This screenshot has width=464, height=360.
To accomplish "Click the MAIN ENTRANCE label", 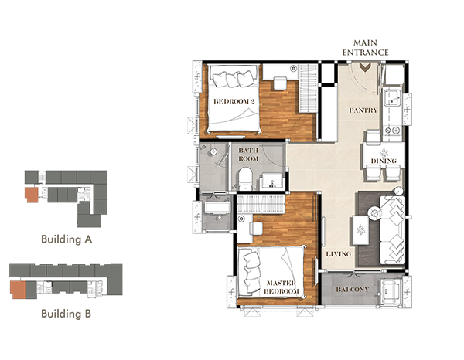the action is point(366,48).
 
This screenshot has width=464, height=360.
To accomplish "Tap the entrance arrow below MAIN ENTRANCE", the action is point(366,68).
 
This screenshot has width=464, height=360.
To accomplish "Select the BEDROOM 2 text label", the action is point(234,101).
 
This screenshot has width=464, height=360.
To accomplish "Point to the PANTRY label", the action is point(363,110).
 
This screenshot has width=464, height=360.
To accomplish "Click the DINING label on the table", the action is point(384,161).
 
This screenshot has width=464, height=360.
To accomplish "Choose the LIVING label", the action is point(339,254).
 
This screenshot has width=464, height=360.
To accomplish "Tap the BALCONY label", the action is point(352,290).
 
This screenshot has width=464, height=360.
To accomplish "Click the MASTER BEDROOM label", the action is point(281,287).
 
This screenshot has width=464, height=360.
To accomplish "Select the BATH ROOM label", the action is point(248,155).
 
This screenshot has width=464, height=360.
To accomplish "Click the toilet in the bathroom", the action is point(244,178).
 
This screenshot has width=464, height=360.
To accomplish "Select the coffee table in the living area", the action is point(360,230).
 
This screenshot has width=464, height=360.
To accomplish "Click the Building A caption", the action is point(67,239).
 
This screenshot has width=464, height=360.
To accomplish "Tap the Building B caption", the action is point(66,314).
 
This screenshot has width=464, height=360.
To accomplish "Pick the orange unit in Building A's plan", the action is point(32,195).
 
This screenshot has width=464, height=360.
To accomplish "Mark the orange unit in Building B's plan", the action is point(18,290).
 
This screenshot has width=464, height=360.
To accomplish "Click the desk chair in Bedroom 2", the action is point(280,83).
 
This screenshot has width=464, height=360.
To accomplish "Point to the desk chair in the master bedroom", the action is point(256,229).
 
